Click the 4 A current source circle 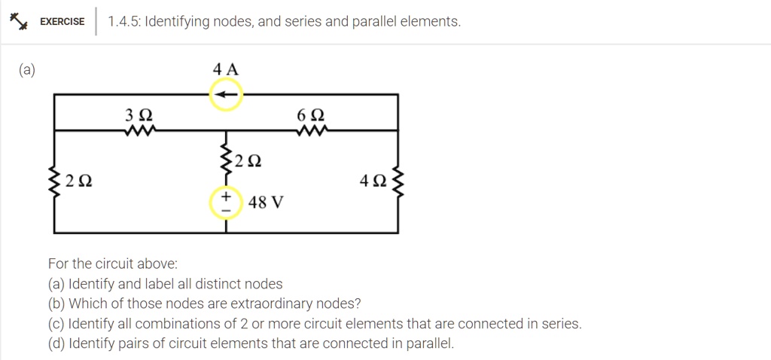(x=226, y=95)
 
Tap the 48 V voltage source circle (x=226, y=203)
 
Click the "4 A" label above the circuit (x=226, y=69)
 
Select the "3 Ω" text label (x=140, y=116)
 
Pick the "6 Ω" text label (x=311, y=116)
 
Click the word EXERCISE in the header (x=62, y=22)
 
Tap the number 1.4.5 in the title (x=123, y=22)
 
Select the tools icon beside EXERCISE (x=18, y=22)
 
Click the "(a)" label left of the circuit (x=27, y=70)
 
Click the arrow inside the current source (x=226, y=95)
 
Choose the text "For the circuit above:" (x=113, y=264)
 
